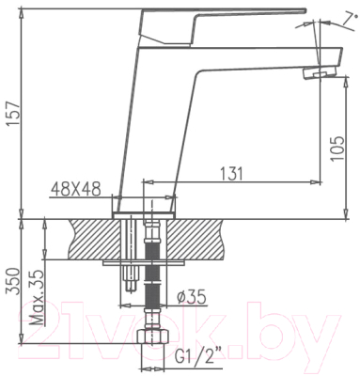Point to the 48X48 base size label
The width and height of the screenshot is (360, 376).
pos(75,187)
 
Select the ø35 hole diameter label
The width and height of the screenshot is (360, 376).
pos(193,298)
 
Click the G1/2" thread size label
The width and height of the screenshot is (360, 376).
pos(198,355)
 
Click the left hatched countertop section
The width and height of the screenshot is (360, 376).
pos(89,239)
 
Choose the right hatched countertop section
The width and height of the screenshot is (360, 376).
pos(202,239)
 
